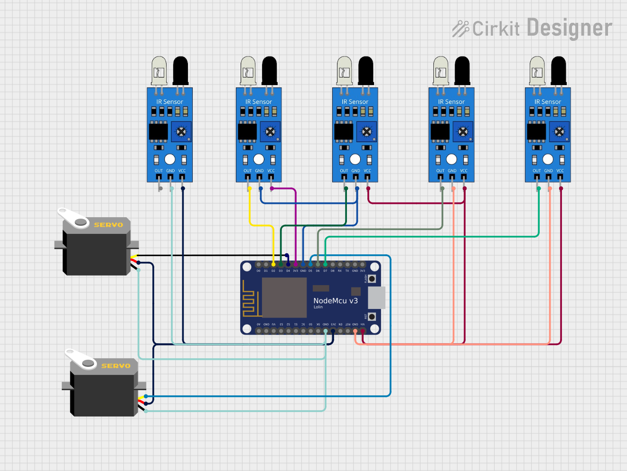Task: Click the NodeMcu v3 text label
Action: click(x=335, y=301)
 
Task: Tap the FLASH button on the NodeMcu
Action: click(x=372, y=279)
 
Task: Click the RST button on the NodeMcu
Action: click(x=372, y=317)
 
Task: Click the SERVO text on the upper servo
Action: click(x=108, y=225)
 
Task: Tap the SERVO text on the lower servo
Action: click(x=116, y=366)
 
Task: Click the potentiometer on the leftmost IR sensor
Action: click(x=181, y=132)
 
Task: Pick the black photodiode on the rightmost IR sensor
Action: click(x=558, y=70)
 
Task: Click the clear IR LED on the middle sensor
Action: click(x=345, y=71)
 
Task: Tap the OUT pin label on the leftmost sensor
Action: click(x=159, y=171)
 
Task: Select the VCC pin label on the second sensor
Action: click(x=271, y=171)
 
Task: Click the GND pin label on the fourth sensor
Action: click(x=452, y=171)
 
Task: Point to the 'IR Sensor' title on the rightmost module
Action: click(x=547, y=102)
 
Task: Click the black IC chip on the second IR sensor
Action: click(x=247, y=132)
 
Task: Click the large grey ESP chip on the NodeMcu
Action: click(x=284, y=298)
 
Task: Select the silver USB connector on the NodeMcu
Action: click(x=376, y=298)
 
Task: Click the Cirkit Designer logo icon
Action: click(x=460, y=29)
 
